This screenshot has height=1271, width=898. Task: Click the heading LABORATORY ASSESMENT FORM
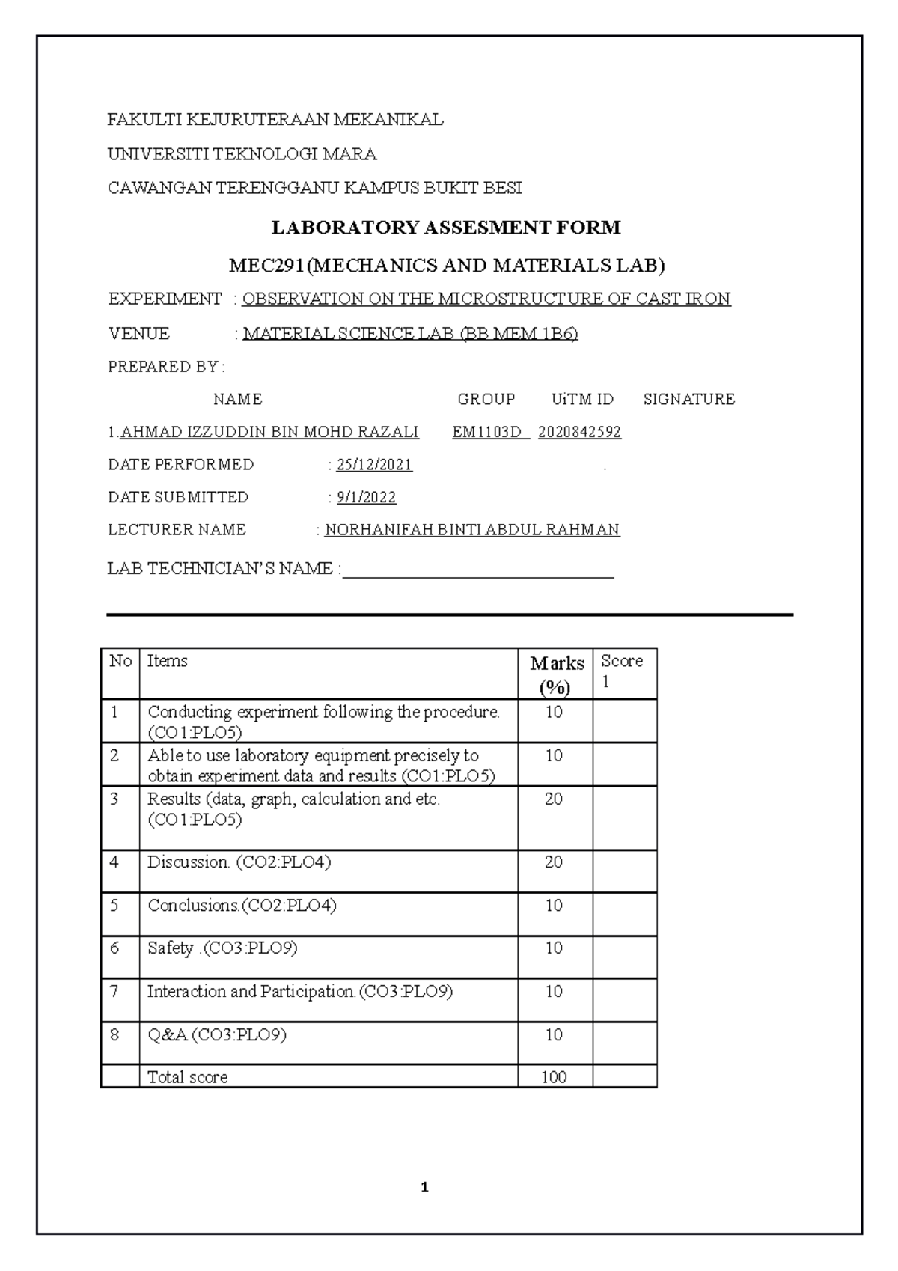coord(446,228)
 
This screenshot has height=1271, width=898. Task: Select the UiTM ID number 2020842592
coord(579,432)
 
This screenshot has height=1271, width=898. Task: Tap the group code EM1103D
coord(487,432)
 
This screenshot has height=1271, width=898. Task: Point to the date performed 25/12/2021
coord(374,465)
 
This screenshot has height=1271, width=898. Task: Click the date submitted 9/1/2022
coord(366,497)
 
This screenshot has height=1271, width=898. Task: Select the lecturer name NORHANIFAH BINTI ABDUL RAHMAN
coord(471,530)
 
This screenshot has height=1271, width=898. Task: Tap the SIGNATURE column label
coord(688,399)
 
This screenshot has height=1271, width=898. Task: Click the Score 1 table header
coord(623,671)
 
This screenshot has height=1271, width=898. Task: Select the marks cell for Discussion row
coord(554,862)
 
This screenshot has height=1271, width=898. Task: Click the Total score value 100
coord(554,1077)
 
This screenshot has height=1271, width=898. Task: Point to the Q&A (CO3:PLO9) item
coord(217,1035)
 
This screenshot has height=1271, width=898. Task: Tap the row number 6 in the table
coord(114,948)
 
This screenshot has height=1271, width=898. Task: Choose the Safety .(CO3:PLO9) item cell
coord(222,948)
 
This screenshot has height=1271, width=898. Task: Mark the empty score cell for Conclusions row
coord(624,913)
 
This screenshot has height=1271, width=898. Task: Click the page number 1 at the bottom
coord(424,1187)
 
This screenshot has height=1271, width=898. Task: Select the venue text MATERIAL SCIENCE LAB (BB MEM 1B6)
coord(410,334)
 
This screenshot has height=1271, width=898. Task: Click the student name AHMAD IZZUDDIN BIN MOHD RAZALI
coord(269,432)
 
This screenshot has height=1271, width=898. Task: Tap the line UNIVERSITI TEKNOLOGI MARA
coord(242,154)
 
